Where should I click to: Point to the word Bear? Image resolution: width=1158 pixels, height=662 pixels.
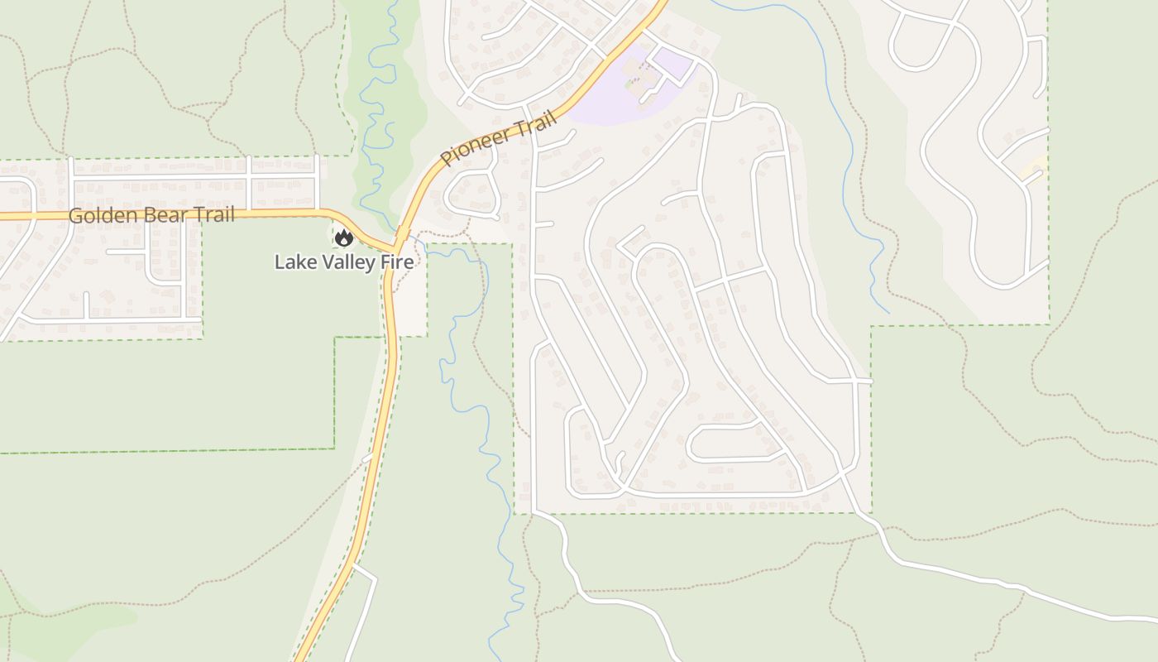click(x=168, y=216)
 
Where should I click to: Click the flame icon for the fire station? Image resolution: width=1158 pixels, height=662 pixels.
click(x=343, y=238)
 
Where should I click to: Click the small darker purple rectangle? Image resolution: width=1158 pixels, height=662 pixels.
click(x=672, y=63)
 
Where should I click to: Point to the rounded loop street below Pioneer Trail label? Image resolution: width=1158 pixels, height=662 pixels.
click(x=472, y=195)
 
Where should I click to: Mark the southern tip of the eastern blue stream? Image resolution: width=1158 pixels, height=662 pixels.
click(x=888, y=312)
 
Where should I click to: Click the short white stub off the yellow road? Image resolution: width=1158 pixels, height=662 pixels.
click(x=367, y=457)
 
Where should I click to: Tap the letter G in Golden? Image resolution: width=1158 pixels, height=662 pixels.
click(x=76, y=217)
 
